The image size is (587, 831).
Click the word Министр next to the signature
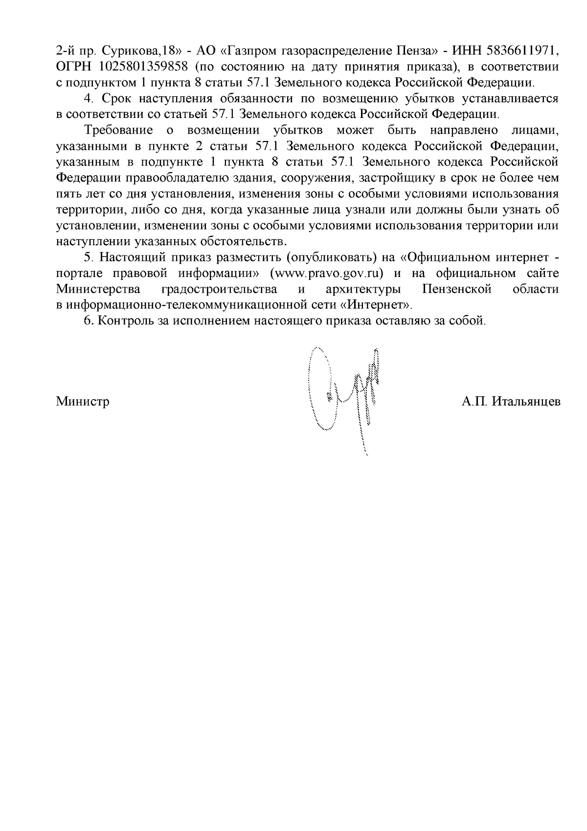83,402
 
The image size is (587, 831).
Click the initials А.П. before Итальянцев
474,402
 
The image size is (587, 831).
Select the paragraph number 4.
88,98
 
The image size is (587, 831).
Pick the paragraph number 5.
88,257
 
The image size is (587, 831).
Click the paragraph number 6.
88,321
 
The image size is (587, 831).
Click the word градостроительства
219,289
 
